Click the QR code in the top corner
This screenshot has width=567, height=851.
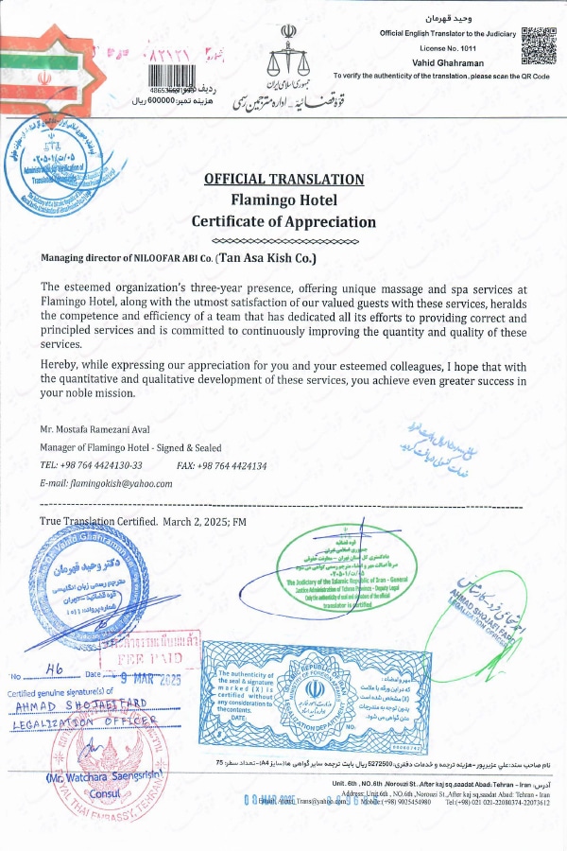click(538, 44)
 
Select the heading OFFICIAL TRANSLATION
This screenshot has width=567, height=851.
click(283, 179)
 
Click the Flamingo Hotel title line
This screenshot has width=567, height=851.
click(283, 200)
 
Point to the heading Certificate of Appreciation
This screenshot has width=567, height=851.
click(283, 222)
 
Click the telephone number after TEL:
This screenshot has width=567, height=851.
click(102, 465)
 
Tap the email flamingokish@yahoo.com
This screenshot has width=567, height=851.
click(121, 482)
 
